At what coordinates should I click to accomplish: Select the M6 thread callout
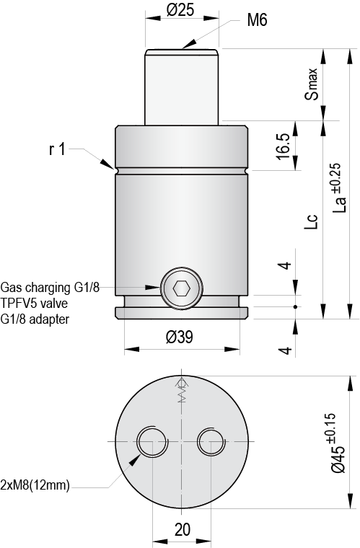click(257, 21)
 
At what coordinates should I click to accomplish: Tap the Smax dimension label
click(311, 84)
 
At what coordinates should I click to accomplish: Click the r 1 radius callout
click(57, 149)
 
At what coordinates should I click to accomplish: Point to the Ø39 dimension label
click(181, 336)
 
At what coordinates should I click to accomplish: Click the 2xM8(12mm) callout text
click(35, 485)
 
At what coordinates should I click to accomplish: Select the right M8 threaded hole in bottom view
click(211, 441)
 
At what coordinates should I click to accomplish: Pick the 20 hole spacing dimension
click(182, 529)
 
